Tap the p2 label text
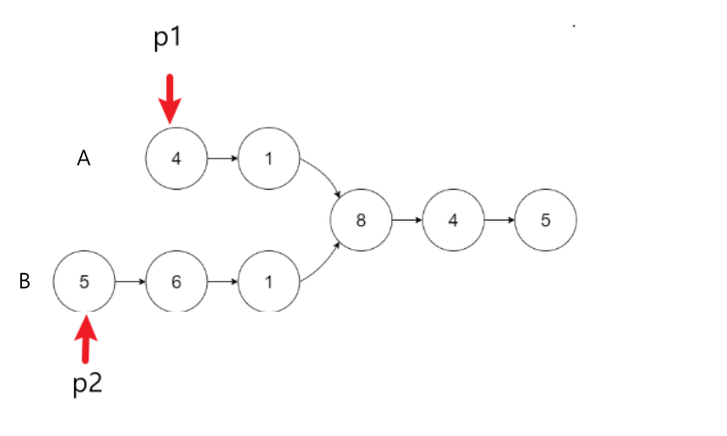[x=88, y=383]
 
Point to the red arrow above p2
[x=87, y=338]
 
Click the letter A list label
[x=83, y=159]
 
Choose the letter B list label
[x=25, y=282]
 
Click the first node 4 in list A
[x=176, y=159]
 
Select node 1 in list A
[x=268, y=159]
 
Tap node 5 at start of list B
[x=84, y=282]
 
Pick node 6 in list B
[x=176, y=282]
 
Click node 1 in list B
[x=268, y=282]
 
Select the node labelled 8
[x=361, y=220]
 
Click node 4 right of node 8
[x=453, y=220]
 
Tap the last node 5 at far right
[x=545, y=220]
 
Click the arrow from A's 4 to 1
[x=223, y=159]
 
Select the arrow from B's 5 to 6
[x=130, y=282]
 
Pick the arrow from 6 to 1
[x=223, y=282]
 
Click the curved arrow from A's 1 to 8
[x=324, y=175]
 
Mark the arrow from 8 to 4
[x=407, y=220]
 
